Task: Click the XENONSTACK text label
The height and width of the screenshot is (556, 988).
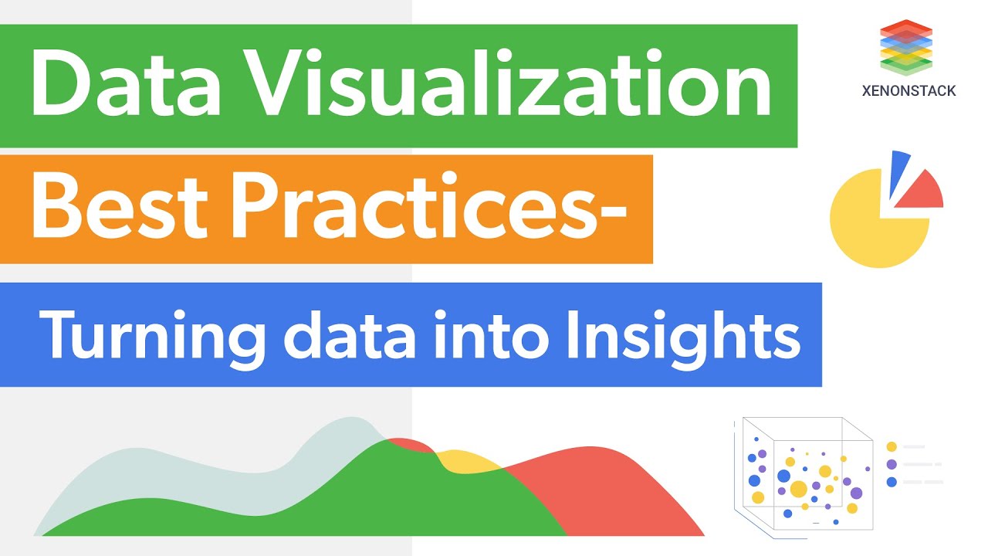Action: [x=908, y=91]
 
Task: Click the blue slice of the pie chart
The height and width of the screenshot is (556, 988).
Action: [x=900, y=171]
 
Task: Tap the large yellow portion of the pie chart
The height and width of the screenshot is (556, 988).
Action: [x=872, y=224]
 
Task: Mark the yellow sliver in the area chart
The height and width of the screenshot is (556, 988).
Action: [x=467, y=462]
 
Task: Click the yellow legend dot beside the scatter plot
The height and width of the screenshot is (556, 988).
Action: [x=892, y=446]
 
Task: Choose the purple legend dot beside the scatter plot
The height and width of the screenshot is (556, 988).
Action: [x=892, y=464]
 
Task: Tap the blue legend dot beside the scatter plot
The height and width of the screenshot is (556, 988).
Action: [x=892, y=482]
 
